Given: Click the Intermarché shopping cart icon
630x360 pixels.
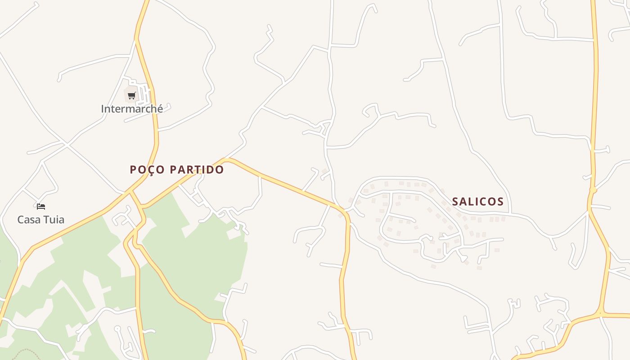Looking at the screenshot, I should (131, 95).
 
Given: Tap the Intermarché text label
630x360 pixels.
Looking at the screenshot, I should (132, 109).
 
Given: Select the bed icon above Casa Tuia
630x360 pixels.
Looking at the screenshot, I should (41, 207).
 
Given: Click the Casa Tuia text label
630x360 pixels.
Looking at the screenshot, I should (40, 220).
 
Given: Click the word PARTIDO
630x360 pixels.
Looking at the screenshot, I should (198, 170).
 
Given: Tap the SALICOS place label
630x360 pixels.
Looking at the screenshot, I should (478, 202).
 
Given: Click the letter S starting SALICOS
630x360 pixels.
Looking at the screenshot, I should (455, 202).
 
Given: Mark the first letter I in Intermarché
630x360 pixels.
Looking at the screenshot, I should (103, 109).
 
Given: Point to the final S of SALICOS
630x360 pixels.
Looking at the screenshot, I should (500, 202).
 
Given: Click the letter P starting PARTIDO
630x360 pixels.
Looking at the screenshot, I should (174, 170).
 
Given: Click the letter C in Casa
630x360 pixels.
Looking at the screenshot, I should (21, 220).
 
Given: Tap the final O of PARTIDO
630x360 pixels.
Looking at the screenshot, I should (220, 170).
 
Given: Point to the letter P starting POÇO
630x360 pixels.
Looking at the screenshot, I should (133, 170).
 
